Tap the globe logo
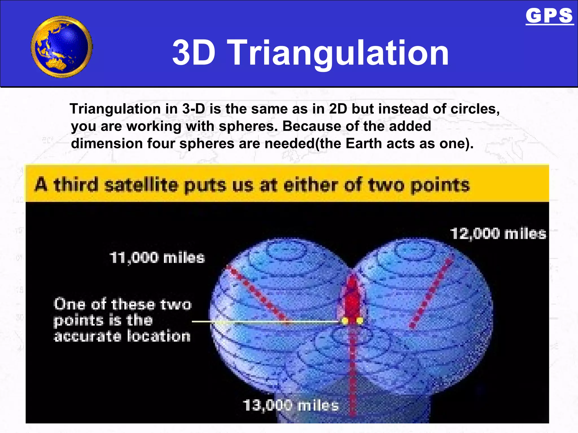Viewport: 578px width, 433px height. (x=62, y=47)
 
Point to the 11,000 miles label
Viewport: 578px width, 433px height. (x=157, y=258)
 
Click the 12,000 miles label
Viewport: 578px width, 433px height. (x=498, y=234)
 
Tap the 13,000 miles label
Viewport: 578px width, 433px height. (x=290, y=406)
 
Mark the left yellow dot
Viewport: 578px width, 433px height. (x=345, y=321)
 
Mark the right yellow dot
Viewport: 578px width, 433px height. (x=360, y=321)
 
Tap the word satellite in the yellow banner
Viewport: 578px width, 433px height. (x=141, y=185)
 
